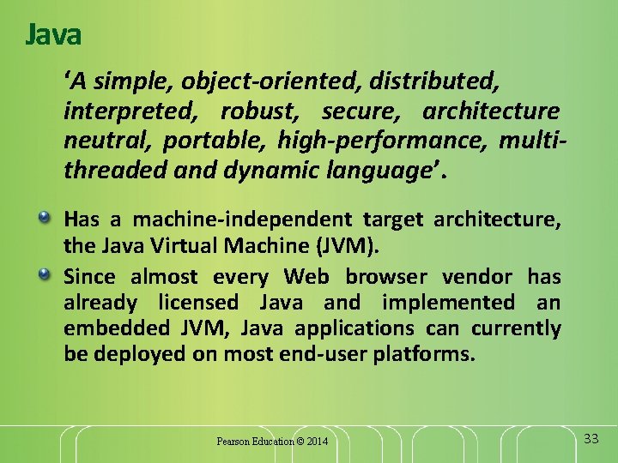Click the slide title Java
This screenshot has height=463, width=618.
(x=53, y=35)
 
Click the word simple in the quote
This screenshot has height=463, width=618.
(x=127, y=82)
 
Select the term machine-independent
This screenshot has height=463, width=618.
(x=232, y=220)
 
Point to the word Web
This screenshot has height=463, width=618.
(x=306, y=277)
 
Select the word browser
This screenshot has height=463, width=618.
(x=386, y=277)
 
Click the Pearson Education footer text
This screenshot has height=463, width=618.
(x=255, y=442)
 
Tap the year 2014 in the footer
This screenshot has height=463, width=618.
(x=317, y=442)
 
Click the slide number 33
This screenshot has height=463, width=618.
(x=591, y=439)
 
